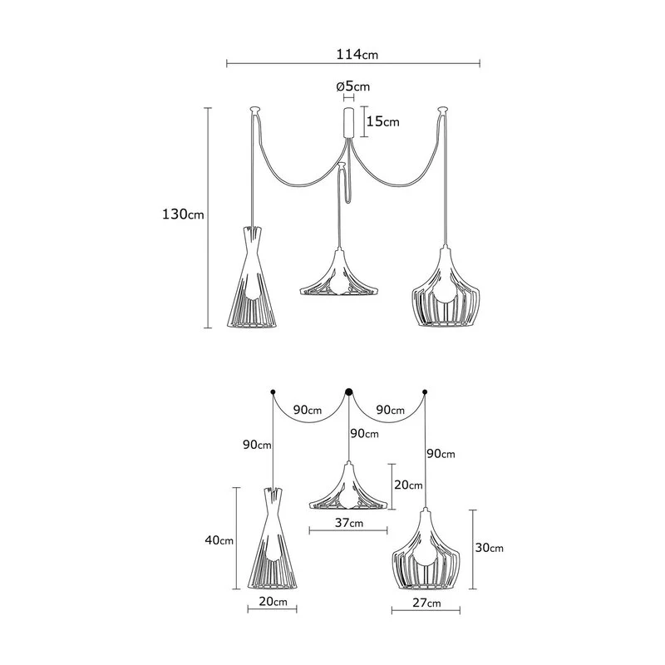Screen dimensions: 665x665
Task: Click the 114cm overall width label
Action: click(x=357, y=54)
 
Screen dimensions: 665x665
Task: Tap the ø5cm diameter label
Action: click(x=352, y=86)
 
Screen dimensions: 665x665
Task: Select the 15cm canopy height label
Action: click(x=383, y=121)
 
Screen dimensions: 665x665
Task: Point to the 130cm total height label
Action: click(x=183, y=214)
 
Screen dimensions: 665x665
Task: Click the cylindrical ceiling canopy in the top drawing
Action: click(x=348, y=122)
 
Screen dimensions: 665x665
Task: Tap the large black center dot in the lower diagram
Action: click(x=349, y=392)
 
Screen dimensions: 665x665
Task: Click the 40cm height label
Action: click(x=219, y=540)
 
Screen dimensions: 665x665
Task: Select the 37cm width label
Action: click(x=348, y=523)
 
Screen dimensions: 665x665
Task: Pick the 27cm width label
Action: click(x=426, y=603)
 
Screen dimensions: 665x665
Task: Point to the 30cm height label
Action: click(x=489, y=548)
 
